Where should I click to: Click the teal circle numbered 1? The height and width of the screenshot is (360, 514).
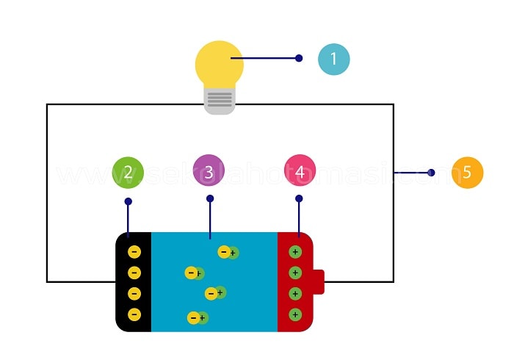tap(333, 59)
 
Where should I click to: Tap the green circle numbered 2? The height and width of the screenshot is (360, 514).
tap(128, 173)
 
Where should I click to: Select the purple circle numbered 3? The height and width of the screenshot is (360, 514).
tap(209, 173)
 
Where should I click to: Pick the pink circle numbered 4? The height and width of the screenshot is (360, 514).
tap(300, 173)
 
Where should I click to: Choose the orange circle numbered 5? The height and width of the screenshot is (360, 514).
tap(467, 173)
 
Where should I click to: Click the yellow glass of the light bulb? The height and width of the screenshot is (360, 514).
tap(219, 65)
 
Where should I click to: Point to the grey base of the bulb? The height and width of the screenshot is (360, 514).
tap(220, 101)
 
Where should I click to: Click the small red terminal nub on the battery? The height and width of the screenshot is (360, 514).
tap(319, 282)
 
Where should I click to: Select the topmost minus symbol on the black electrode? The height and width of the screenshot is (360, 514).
tap(134, 252)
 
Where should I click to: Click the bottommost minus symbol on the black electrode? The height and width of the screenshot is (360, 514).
tap(134, 314)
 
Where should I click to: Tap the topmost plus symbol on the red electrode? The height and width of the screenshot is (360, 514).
tap(295, 252)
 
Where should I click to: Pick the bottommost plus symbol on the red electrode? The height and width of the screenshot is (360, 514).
tap(295, 314)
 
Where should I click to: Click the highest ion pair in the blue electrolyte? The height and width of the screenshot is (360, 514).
tap(228, 253)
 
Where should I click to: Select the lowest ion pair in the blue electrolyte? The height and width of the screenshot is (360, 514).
tap(198, 318)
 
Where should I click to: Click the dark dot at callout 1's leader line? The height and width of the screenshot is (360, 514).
tap(299, 58)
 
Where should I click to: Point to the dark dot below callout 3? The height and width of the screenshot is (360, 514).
tap(210, 198)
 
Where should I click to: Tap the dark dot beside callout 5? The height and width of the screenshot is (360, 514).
tap(431, 173)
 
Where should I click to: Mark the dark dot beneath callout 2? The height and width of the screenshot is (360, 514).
tap(128, 201)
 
